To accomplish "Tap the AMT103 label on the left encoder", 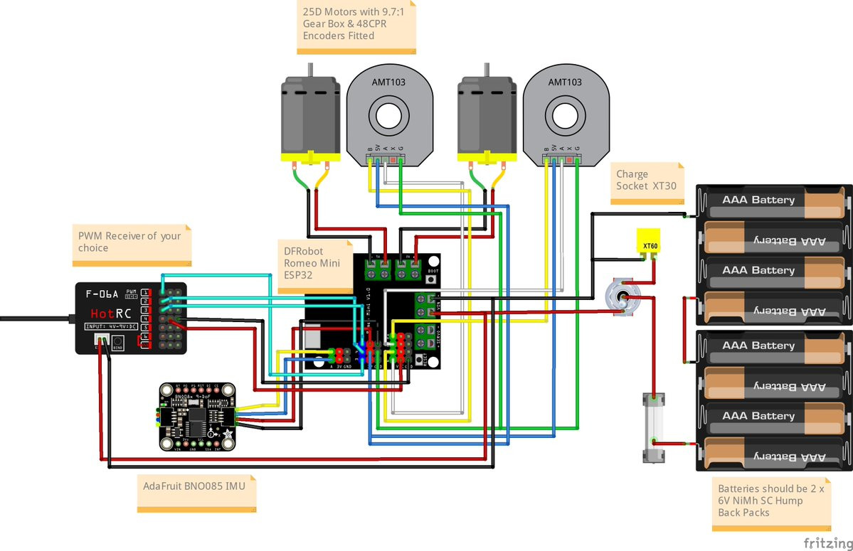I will [x=388, y=82].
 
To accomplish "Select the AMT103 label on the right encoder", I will [x=566, y=82].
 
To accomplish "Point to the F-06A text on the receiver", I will [x=101, y=293].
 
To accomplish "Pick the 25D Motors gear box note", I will [x=356, y=25].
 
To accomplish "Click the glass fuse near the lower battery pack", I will [x=650, y=427].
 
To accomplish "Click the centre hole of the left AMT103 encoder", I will [x=389, y=116].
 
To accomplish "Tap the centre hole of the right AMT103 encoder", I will [x=566, y=116].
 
